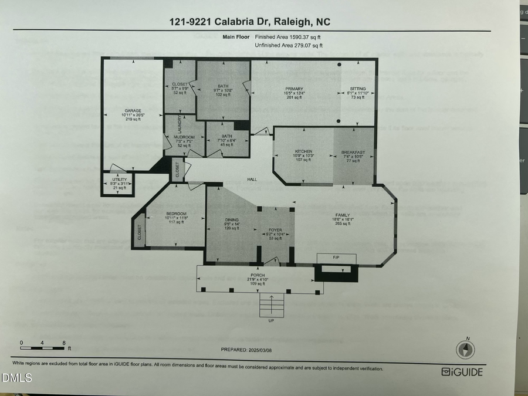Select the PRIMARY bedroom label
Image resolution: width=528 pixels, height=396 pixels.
(x=295, y=89)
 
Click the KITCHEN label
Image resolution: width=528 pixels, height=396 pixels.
(x=303, y=151)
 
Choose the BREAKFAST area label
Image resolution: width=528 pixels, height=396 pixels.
(x=353, y=152)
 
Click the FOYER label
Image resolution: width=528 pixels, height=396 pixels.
(x=276, y=230)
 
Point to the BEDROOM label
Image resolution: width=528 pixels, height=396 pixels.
(x=176, y=214)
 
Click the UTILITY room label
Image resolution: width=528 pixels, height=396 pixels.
(x=119, y=180)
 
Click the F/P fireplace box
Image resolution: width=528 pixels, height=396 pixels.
(x=336, y=258)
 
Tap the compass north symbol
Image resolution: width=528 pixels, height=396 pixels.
(x=465, y=350)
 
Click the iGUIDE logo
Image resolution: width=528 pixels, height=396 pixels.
(x=462, y=372)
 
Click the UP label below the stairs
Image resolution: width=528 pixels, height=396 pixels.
(x=270, y=320)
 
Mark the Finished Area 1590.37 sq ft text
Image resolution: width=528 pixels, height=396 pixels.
(x=288, y=37)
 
